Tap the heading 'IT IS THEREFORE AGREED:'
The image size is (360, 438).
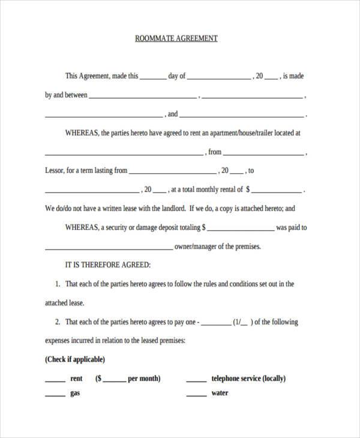pos(107,265)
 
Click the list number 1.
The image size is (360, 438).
pos(57,284)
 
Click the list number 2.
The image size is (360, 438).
pos(57,322)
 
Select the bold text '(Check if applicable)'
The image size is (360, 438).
pos(75,359)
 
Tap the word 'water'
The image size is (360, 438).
pos(220,394)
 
